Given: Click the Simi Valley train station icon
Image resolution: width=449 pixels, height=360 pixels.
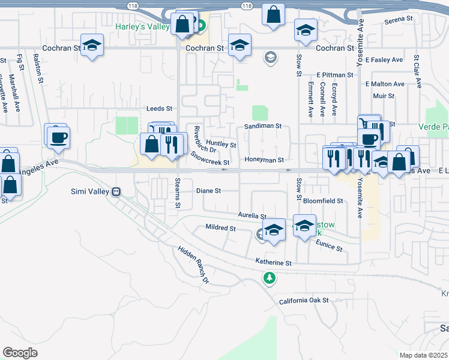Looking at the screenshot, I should (117, 191).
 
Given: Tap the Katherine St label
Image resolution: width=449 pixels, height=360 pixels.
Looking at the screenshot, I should (273, 263).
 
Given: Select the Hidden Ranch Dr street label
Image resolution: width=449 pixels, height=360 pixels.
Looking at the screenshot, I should (193, 265).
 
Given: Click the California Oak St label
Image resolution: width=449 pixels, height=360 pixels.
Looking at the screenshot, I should (304, 300).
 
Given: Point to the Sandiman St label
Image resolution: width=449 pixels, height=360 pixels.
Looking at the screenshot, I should (262, 127).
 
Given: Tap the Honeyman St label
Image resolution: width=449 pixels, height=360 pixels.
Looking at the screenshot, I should (264, 160).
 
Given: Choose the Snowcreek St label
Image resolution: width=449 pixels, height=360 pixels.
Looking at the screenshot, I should (210, 158).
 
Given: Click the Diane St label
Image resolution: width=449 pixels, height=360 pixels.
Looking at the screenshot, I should (209, 191).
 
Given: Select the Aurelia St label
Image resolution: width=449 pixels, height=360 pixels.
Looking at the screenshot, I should (252, 215).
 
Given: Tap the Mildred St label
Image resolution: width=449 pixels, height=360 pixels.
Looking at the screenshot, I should (220, 228).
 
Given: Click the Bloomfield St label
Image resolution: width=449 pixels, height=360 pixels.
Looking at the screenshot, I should (323, 201).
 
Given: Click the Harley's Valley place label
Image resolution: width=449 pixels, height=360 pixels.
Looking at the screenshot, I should (143, 26).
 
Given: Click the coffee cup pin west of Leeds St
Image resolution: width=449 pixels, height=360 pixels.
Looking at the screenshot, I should (58, 137).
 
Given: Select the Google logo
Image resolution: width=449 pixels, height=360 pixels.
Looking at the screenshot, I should (20, 353).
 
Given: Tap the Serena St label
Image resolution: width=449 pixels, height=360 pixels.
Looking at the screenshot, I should (399, 20).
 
